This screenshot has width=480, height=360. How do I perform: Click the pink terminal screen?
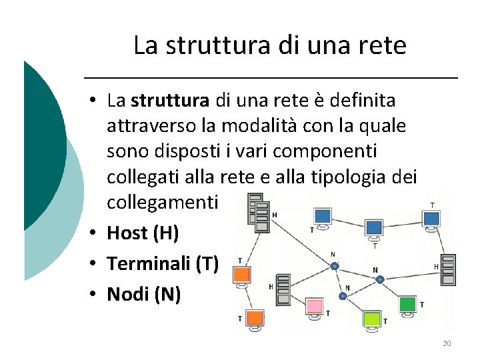point(314,306)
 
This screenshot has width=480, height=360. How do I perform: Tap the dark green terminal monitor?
point(407,304)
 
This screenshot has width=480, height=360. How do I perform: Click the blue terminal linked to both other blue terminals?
point(373,228)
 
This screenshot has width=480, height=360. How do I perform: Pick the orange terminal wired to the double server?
point(241,275)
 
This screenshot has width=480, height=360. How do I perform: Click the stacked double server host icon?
point(259,211)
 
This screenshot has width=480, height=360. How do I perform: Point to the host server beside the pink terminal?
point(283,290)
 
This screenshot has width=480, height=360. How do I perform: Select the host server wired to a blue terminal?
point(448,269)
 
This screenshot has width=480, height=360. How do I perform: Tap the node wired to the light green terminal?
point(344,295)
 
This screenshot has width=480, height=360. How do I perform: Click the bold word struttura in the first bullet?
point(170,101)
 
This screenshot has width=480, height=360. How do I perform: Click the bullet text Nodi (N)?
point(144,294)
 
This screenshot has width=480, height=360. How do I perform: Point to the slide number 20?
point(447,343)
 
